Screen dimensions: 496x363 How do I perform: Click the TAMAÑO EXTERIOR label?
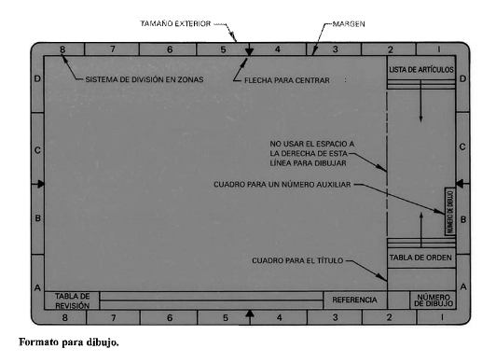point(175,23)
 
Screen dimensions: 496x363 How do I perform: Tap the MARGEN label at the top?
point(349,24)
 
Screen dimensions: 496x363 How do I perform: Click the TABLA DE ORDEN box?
point(421,258)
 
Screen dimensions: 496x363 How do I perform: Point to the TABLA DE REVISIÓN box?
point(72,300)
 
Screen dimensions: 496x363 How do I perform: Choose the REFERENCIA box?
point(355,300)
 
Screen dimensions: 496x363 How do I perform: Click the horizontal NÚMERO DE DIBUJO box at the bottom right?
point(433,300)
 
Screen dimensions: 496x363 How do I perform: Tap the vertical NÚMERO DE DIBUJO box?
point(450,212)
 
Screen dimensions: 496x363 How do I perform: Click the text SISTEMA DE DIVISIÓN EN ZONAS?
point(145,79)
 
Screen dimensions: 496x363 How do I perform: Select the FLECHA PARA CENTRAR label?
point(287,80)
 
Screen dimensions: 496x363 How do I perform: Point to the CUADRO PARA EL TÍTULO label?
point(297,260)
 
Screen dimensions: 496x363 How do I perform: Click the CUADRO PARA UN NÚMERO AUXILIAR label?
point(282,185)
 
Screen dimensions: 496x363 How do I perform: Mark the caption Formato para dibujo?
point(69,342)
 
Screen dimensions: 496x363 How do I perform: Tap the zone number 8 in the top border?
point(62,49)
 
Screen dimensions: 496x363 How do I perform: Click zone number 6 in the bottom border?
point(170,317)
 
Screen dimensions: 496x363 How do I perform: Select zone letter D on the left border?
point(37,78)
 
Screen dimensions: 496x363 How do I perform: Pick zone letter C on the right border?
point(462,147)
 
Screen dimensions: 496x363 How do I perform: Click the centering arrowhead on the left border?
point(41,184)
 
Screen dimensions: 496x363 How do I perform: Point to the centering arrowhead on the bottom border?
point(250,314)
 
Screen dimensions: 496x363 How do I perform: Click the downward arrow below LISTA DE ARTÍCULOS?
point(420,102)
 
